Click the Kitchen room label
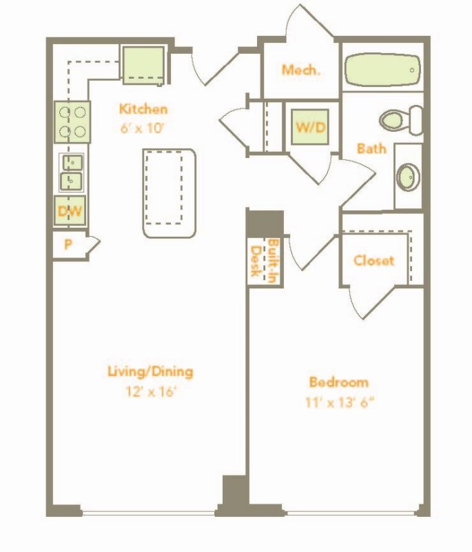coord(143,109)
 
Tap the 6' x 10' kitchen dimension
coord(142,128)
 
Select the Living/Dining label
coord(150,372)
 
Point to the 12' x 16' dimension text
coord(150,391)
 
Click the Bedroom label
coord(338,382)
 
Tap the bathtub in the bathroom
coord(382,70)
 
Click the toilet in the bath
coord(401,120)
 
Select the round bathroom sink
coord(409,177)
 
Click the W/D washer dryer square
coord(310,127)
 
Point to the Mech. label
coord(301,70)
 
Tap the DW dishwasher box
coord(70,210)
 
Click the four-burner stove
coord(72,122)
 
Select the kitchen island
coord(169,193)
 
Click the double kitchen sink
coord(72,172)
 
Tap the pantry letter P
coord(68,244)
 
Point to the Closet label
coord(373,261)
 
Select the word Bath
coord(371,148)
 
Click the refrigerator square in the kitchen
coord(144,66)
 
